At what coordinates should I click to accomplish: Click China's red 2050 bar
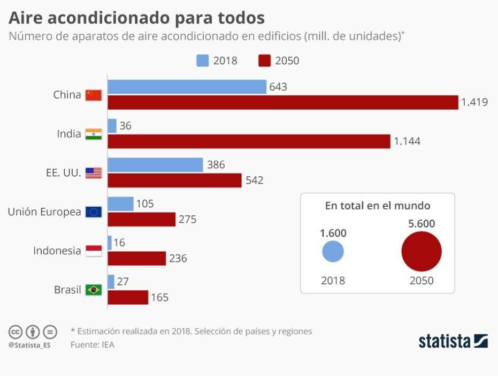[283, 102]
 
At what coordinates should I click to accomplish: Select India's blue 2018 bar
[112, 126]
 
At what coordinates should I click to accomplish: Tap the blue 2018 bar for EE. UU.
[156, 165]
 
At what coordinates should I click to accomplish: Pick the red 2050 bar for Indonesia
[137, 259]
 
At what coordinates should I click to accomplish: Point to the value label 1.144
[407, 141]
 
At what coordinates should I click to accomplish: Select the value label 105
[145, 204]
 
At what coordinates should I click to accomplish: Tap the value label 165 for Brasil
[159, 297]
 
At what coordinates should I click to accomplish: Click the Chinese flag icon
[94, 95]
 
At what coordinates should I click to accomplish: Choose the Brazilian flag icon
[94, 290]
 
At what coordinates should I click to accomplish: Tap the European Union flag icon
[94, 212]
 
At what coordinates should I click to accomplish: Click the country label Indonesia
[57, 251]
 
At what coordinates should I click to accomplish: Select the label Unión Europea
[44, 212]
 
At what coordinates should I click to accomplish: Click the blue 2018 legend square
[202, 60]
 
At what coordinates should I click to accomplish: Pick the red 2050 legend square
[264, 60]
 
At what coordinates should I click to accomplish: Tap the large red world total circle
[422, 252]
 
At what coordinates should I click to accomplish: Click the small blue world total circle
[333, 252]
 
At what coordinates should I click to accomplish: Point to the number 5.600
[422, 224]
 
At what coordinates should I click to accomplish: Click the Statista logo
[453, 341]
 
